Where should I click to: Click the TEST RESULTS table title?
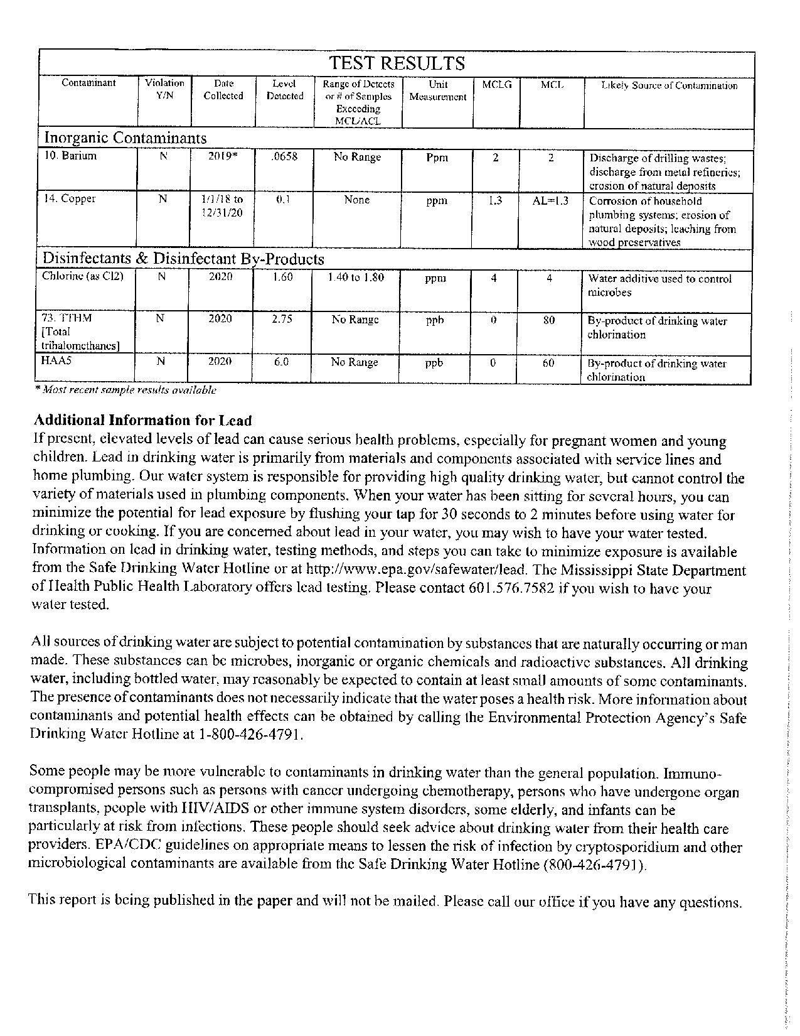click(x=397, y=63)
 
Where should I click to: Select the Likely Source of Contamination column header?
click(x=669, y=86)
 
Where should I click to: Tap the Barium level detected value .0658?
click(x=284, y=157)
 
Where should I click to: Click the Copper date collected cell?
click(x=222, y=206)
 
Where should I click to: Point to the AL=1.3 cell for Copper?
click(x=550, y=201)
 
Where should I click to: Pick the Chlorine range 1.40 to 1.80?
click(x=356, y=277)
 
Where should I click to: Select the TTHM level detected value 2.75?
click(x=283, y=319)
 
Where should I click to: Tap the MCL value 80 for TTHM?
click(x=549, y=320)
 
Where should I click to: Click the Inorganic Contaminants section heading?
click(x=124, y=138)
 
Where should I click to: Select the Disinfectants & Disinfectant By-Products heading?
click(x=183, y=259)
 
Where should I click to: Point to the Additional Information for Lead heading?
click(x=142, y=421)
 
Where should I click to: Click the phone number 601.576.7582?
click(x=511, y=589)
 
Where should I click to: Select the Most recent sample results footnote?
click(x=125, y=390)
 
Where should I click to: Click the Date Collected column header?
click(x=223, y=90)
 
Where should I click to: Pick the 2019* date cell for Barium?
click(x=223, y=157)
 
